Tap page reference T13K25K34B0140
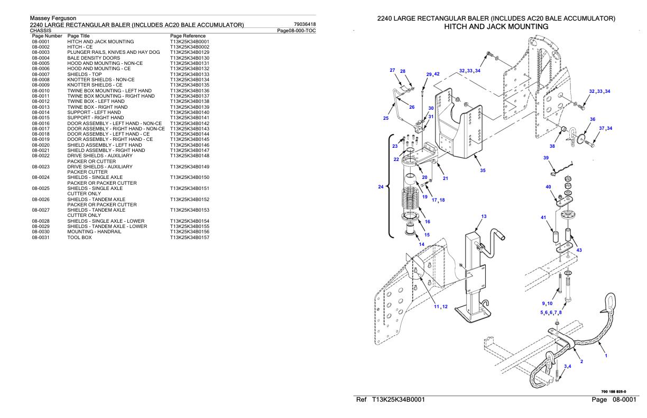[190, 112]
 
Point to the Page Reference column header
[188, 36]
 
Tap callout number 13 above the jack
[483, 216]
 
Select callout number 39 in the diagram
[546, 158]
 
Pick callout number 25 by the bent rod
[385, 118]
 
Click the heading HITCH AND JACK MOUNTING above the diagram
[496, 26]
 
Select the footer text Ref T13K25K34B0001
[391, 400]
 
